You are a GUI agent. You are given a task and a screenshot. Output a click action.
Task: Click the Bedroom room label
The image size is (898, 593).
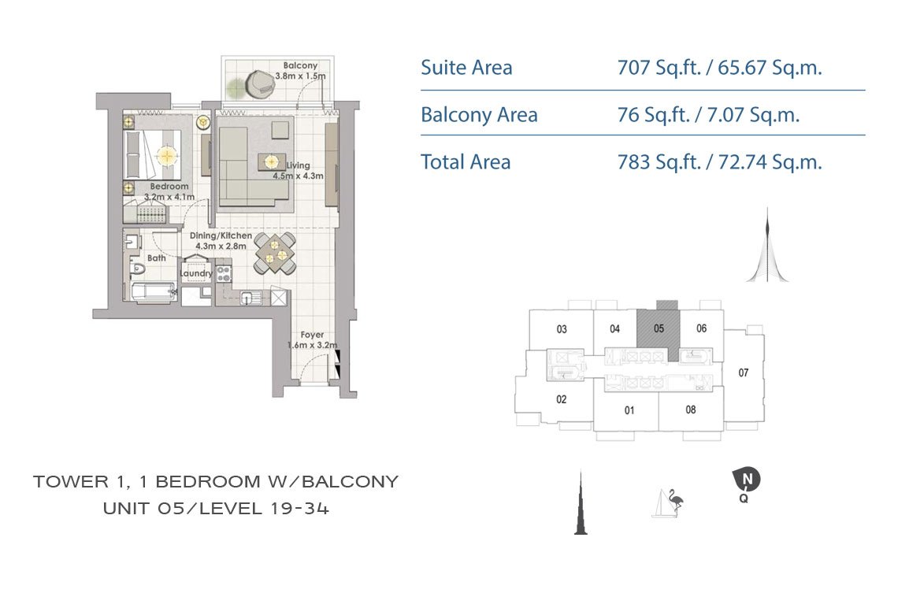coord(169,187)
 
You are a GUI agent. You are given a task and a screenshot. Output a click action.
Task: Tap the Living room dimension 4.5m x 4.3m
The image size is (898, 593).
coord(298,176)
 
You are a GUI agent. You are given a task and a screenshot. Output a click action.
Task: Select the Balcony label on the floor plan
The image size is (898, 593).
coord(300,66)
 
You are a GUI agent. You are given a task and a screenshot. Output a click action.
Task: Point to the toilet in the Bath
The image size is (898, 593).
coord(136,269)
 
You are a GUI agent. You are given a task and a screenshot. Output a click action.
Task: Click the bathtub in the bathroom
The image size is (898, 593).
coord(153,292)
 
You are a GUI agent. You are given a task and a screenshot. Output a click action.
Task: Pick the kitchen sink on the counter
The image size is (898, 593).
coord(250,298)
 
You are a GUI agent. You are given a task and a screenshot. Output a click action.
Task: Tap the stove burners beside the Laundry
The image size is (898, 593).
coord(224,273)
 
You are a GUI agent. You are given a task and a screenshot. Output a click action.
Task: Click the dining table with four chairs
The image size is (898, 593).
coord(275,253)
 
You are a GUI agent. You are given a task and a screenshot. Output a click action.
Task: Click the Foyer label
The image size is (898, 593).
coord(312,335)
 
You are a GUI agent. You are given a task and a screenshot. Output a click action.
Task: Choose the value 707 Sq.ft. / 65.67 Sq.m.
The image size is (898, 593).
coord(719,68)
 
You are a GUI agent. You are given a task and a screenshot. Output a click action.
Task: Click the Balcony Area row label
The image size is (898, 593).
coord(480,115)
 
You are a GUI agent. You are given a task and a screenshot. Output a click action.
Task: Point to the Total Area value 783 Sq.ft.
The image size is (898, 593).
coord(659,162)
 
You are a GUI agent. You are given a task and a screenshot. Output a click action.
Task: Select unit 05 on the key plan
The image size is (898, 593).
coord(659,328)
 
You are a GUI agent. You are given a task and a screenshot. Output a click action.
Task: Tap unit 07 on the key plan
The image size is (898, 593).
coord(744,373)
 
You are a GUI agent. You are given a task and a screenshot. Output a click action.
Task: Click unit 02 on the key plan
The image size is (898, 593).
coord(561,399)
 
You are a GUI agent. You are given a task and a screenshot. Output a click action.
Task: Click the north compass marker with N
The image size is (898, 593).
coord(746,480)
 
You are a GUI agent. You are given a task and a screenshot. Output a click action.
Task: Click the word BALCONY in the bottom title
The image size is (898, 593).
coord(349,482)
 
